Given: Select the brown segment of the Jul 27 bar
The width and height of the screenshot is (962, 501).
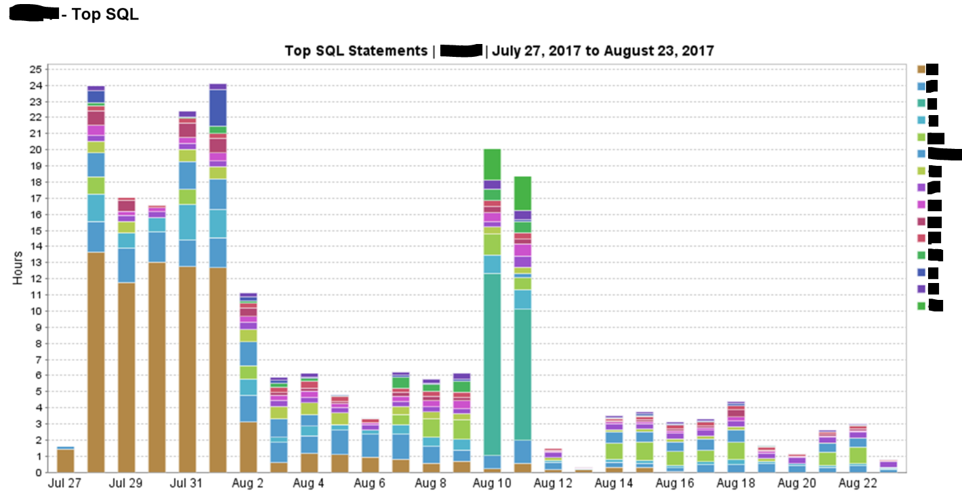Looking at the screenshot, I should click(65, 460).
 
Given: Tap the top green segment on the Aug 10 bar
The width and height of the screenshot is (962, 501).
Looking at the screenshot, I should click(493, 164).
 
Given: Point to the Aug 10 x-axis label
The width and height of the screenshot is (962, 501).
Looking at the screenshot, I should click(493, 483).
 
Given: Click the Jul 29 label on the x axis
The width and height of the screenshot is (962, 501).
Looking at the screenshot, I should click(127, 483).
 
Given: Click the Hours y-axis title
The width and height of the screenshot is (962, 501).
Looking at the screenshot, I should click(18, 268).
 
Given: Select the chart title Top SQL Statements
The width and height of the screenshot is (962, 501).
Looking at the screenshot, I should click(356, 51).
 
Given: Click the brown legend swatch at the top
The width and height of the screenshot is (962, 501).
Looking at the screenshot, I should click(921, 69).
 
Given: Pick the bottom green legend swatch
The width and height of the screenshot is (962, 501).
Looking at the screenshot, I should click(921, 306).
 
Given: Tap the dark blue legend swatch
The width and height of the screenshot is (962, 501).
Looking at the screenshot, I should click(921, 272).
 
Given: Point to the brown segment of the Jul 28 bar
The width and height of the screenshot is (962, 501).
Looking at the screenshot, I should click(96, 362).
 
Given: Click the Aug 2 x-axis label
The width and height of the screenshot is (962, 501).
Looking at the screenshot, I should click(249, 483).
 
